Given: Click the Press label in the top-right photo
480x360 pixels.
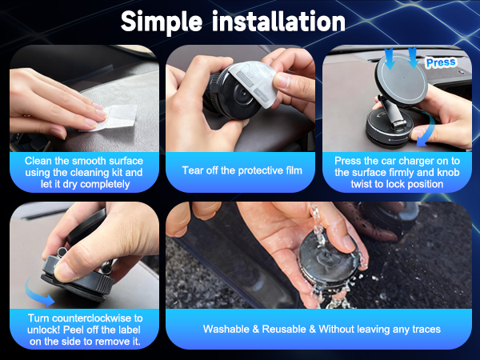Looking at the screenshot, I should pos(440,62).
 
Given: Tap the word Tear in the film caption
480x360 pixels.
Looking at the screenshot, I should pos(193,170).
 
